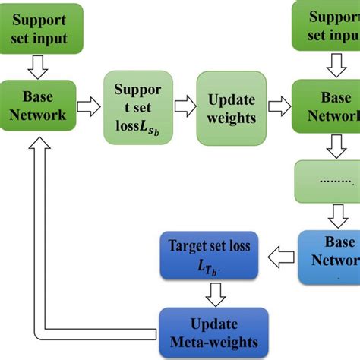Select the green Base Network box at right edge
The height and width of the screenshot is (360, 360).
click(328, 106)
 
